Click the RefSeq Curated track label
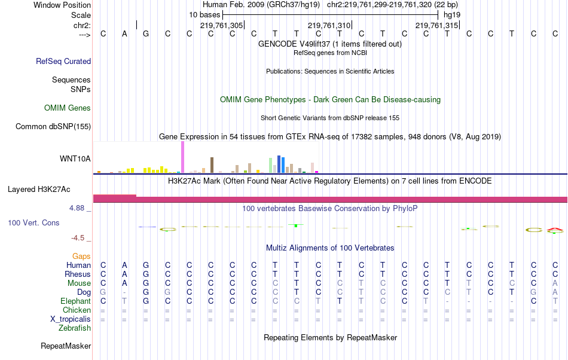[x=63, y=61]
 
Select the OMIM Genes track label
[x=68, y=108]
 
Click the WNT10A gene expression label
[x=75, y=158]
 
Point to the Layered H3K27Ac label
[x=39, y=190]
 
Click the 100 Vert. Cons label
[x=33, y=222]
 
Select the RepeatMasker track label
[x=66, y=346]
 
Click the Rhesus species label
[x=78, y=274]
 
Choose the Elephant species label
[x=75, y=301]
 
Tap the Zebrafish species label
[x=75, y=328]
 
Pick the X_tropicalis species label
[x=71, y=319]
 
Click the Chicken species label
[x=77, y=310]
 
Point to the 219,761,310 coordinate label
[x=329, y=25]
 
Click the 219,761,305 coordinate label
[x=221, y=25]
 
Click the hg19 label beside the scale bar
[x=452, y=14]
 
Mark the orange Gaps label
[x=81, y=256]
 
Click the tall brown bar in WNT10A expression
[x=212, y=165]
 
